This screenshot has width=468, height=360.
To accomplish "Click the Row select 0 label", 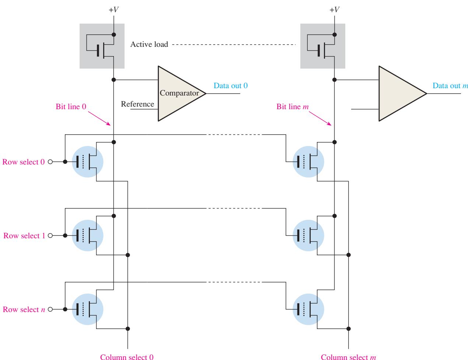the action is coord(23,162).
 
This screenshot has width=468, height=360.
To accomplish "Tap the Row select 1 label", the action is coord(24,236).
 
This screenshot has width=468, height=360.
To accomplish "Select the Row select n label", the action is coord(24,309).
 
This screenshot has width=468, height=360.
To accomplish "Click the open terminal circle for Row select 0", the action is coord(50,162).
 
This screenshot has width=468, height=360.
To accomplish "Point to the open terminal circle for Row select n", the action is coord(50,309).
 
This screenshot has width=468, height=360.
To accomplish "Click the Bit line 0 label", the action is coord(71,107).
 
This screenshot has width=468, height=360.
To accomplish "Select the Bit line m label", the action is coord(293,107).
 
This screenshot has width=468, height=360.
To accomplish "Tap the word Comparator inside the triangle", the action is coord(179,93).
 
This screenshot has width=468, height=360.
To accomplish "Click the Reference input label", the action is coord(137,104).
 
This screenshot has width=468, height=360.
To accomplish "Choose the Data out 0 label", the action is coord(230,86).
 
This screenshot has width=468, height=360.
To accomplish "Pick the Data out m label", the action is coord(450,86).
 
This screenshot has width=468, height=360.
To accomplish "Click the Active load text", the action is coord(149,44).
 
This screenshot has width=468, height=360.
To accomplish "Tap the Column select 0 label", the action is coord(127,357).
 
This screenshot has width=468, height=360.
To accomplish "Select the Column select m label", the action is coord(348,357).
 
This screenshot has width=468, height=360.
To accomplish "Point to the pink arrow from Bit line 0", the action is coord(99,118).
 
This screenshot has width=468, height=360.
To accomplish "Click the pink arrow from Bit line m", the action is coord(320,118).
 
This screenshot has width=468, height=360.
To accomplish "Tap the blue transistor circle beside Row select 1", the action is coord(87,235).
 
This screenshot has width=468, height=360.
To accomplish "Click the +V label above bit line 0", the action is coord(113,10).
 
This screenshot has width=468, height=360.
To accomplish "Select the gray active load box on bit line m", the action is coord(322,46).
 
